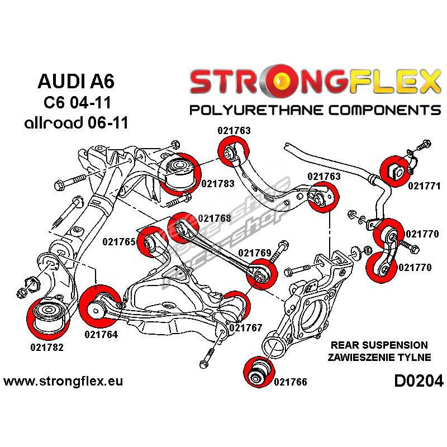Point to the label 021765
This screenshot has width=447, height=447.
[x=119, y=242]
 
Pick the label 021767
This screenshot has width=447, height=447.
[x=245, y=328]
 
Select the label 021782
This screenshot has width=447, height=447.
[x=47, y=346]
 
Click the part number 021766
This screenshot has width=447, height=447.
[x=291, y=382]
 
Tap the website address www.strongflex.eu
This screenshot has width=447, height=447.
[x=63, y=382]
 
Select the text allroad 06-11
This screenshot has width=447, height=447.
[x=76, y=123]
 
